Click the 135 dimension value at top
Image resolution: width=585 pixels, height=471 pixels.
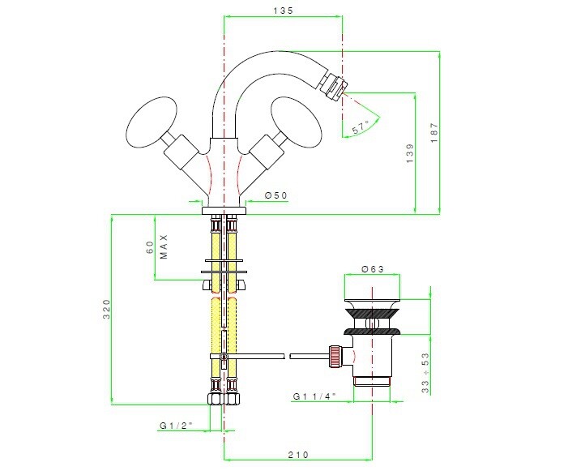coord(283,11)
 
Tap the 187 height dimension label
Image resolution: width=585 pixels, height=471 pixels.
coord(434,132)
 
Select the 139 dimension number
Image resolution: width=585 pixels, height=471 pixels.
coord(410,153)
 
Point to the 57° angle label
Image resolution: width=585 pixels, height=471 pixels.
coord(361,127)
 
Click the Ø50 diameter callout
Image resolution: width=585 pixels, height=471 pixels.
coord(276,195)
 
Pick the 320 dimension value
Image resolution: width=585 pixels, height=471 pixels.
coord(107,309)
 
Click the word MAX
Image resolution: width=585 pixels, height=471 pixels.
coord(164,246)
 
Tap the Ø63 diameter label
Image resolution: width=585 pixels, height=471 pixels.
coord(373,269)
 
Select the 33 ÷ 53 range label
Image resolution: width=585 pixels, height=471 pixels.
coord(425,373)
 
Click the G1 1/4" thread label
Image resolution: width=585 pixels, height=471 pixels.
coord(314,396)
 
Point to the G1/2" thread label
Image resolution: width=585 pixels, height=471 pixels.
coord(177,425)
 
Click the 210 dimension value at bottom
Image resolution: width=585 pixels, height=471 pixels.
coord(298,455)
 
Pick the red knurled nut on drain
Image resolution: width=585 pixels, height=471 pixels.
coord(335,357)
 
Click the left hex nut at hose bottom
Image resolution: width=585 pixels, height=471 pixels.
coord(215,399)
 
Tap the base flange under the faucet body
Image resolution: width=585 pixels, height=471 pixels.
coord(224,211)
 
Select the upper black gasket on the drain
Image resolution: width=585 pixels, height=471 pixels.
coord(372,313)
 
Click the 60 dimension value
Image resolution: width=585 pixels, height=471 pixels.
coord(150,246)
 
